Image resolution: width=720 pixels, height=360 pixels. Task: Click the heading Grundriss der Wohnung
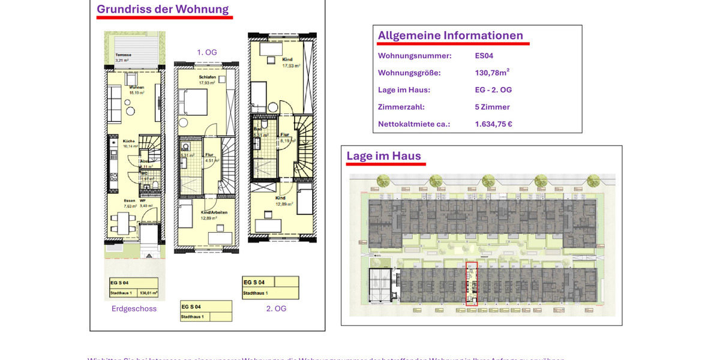[x=163, y=10]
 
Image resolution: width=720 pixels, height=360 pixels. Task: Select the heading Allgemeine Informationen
[x=450, y=36]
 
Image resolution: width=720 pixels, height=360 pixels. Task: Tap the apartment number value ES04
[x=484, y=56]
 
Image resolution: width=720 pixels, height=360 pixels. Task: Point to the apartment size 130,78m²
[x=492, y=73]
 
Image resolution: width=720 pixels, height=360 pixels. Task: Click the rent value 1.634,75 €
[x=493, y=124]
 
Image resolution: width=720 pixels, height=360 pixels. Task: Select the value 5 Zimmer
[x=492, y=107]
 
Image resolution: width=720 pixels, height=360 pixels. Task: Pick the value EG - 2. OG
[x=493, y=90]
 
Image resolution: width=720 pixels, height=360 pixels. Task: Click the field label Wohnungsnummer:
[x=415, y=56]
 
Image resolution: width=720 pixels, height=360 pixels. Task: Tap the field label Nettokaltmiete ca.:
[x=414, y=124]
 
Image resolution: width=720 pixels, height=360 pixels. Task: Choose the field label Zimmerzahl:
[x=401, y=107]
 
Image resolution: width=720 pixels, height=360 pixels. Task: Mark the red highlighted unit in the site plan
[x=472, y=284]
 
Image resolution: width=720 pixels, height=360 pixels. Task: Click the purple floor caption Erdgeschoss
[x=134, y=309]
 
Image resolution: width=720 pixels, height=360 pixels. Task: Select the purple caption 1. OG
[x=207, y=53]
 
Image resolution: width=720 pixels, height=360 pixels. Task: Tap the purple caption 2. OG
[x=277, y=309]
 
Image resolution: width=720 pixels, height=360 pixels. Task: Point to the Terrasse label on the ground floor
[x=124, y=55]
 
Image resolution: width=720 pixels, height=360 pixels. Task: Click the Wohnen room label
[x=136, y=88]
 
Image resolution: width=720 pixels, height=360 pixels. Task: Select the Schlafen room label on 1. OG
[x=207, y=77]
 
